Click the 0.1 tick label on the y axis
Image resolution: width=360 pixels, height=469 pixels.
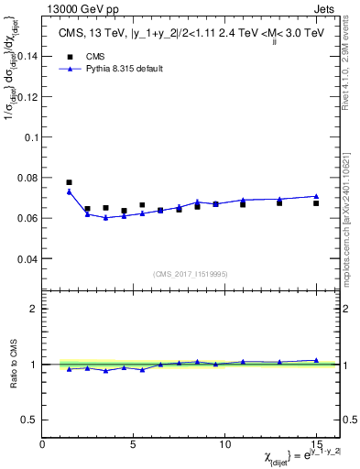coord(30,136)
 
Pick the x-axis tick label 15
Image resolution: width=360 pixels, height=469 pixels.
coord(316,443)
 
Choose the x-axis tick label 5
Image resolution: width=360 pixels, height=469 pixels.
coord(134,443)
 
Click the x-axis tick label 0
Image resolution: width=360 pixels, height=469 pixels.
coord(42,443)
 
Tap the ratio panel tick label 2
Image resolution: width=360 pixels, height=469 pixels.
coord(34,309)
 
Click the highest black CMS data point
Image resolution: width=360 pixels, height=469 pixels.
coord(70,182)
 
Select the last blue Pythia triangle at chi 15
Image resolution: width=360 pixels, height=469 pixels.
coord(316,196)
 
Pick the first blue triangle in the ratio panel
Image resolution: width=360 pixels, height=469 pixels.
coord(70,368)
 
